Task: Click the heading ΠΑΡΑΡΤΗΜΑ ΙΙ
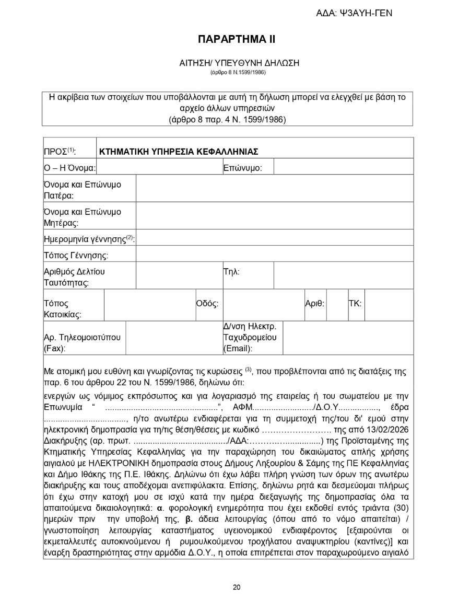236,39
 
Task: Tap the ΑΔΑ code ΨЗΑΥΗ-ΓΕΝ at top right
354,13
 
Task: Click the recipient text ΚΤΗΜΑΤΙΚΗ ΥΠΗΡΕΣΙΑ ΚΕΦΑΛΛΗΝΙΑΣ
179,152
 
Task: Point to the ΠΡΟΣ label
60,152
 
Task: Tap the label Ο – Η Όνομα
69,168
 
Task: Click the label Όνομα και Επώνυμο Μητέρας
83,217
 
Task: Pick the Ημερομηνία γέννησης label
89,239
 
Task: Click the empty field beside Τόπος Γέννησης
274,255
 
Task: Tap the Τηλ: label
231,271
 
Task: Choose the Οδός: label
207,303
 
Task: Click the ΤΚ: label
355,303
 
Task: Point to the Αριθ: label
315,303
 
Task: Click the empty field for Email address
347,338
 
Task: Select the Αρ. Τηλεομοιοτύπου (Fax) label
83,342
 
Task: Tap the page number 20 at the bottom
237,587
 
